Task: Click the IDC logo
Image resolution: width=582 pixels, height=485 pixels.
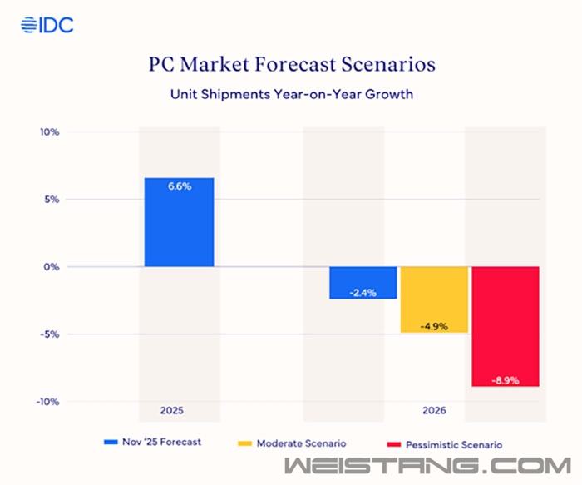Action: (47, 24)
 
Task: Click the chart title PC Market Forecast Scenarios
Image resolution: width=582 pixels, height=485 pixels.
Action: (290, 64)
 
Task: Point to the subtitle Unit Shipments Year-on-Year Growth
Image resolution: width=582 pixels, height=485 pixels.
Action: (290, 94)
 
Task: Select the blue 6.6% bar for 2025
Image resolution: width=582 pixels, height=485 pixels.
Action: (179, 222)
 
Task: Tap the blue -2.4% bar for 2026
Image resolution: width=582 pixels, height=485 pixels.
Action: (363, 282)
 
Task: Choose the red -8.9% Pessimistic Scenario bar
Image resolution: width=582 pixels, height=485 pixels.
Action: (506, 326)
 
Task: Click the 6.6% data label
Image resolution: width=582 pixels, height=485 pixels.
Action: (179, 186)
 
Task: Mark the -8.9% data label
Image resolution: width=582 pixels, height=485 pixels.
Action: (506, 379)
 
